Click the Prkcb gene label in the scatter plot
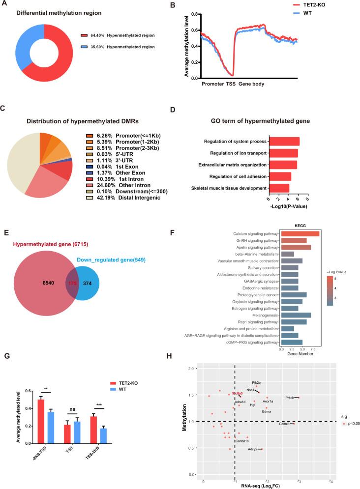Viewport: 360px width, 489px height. (289, 398)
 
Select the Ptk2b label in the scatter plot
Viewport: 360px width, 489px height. (256, 382)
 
